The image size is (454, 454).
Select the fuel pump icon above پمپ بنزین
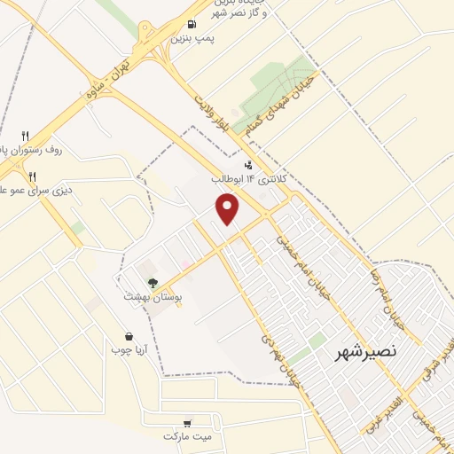[x=193, y=25]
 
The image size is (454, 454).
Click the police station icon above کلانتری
[x=249, y=163]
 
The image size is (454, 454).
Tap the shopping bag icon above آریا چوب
[x=130, y=336]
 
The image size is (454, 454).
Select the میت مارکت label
[x=188, y=437]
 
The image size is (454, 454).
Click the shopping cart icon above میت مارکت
[x=187, y=423]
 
